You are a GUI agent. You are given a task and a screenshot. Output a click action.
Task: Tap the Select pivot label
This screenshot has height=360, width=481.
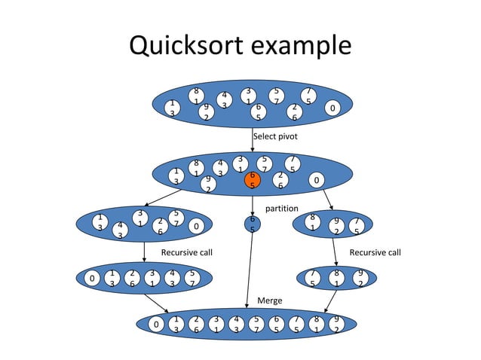tap(275, 137)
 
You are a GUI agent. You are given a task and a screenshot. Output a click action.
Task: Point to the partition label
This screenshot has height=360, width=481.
tap(283, 208)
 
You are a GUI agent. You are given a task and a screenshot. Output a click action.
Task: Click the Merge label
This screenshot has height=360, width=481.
tap(270, 300)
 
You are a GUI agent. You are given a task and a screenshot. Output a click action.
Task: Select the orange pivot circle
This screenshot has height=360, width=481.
tap(253, 180)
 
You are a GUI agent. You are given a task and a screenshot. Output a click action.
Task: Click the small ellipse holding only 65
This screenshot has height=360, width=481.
tap(253, 224)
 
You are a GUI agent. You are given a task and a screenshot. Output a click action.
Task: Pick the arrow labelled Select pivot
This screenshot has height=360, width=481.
tap(253, 142)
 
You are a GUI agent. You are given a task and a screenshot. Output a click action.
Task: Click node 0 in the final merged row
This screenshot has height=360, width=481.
tap(156, 325)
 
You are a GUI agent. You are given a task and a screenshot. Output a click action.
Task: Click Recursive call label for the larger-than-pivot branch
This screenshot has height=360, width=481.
tap(375, 252)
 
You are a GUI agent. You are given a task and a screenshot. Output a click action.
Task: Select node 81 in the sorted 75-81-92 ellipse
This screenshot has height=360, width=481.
tap(337, 277)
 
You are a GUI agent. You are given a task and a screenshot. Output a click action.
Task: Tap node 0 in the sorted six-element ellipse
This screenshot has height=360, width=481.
tap(92, 279)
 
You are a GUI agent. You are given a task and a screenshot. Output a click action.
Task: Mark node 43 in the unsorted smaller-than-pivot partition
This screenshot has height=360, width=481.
tap(120, 230)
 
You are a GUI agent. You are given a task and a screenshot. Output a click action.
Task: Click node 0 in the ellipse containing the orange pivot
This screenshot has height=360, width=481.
tap(317, 180)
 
